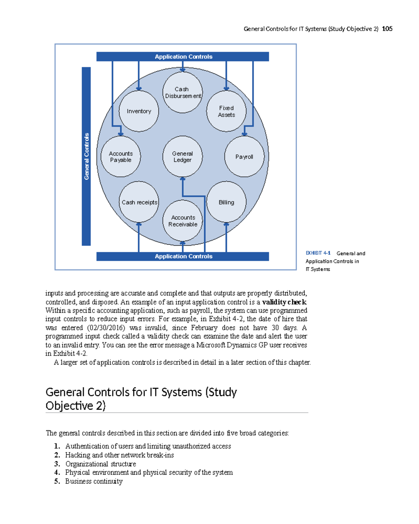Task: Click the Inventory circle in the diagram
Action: (139, 111)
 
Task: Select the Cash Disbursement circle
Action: (183, 92)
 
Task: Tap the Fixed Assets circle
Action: (226, 111)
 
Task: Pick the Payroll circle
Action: (244, 157)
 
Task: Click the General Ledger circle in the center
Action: (183, 157)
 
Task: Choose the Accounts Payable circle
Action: (121, 157)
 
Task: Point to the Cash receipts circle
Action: (139, 202)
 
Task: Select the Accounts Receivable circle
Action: (183, 221)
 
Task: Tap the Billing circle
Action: (226, 202)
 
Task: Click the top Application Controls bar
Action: (183, 57)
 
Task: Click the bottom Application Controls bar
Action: (183, 256)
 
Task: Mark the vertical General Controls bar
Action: (86, 156)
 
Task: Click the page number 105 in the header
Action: (387, 29)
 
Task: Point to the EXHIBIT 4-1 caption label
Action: (318, 253)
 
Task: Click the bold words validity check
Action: (284, 302)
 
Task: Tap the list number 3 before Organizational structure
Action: (57, 464)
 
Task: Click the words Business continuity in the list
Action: (94, 481)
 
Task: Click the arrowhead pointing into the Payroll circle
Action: (244, 134)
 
